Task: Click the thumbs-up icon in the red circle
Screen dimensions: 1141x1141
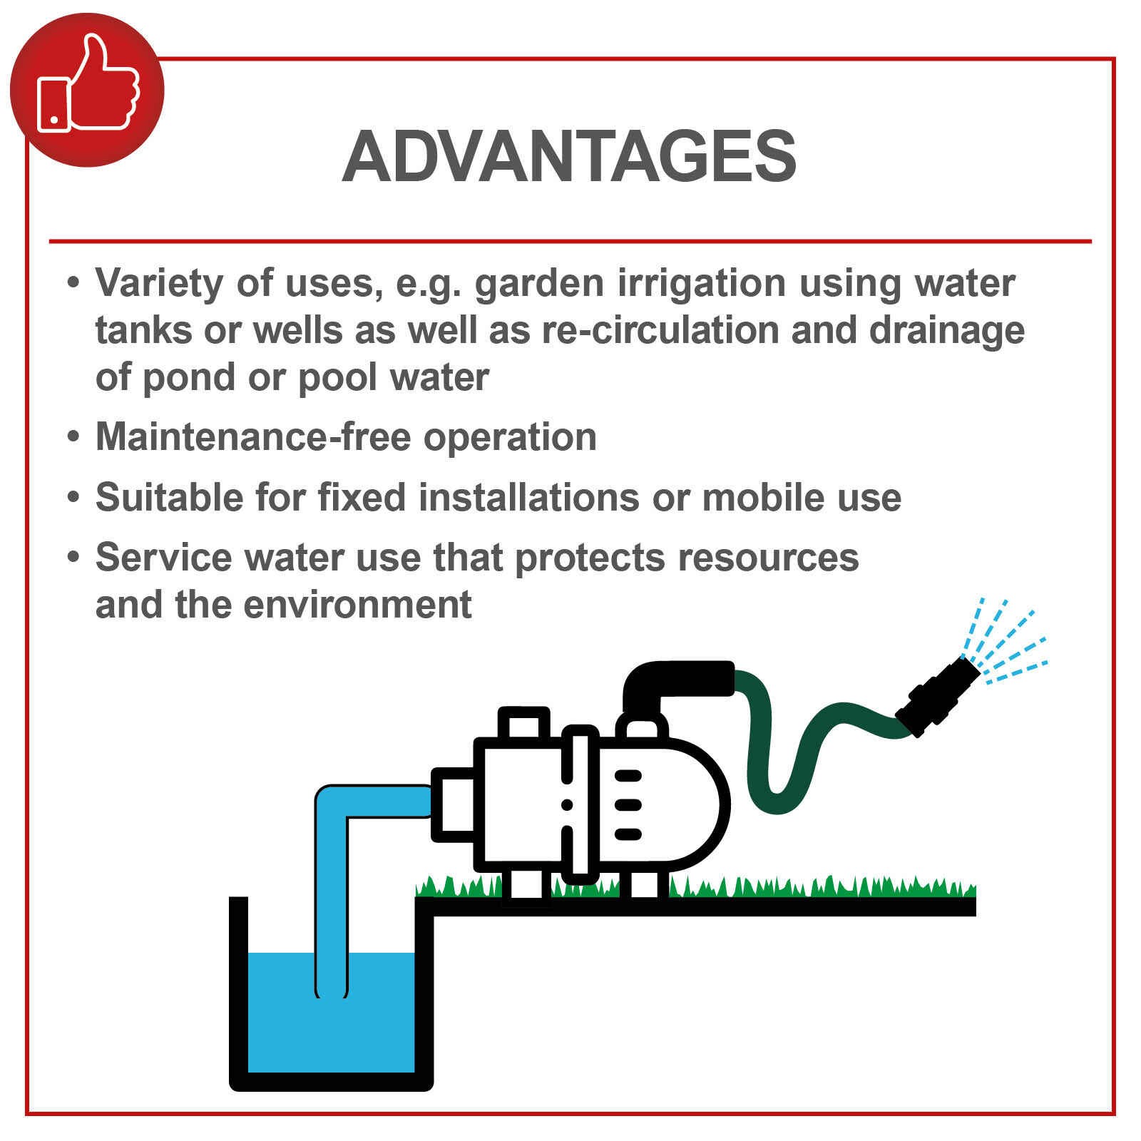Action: [88, 84]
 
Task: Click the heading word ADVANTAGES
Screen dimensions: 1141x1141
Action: [569, 157]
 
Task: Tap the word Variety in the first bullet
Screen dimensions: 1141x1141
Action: [160, 284]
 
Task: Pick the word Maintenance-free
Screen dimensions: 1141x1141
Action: [253, 436]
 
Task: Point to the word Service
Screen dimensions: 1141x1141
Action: [163, 557]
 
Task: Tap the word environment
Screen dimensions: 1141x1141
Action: [357, 605]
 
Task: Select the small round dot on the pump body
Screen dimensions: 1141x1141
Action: [567, 804]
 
